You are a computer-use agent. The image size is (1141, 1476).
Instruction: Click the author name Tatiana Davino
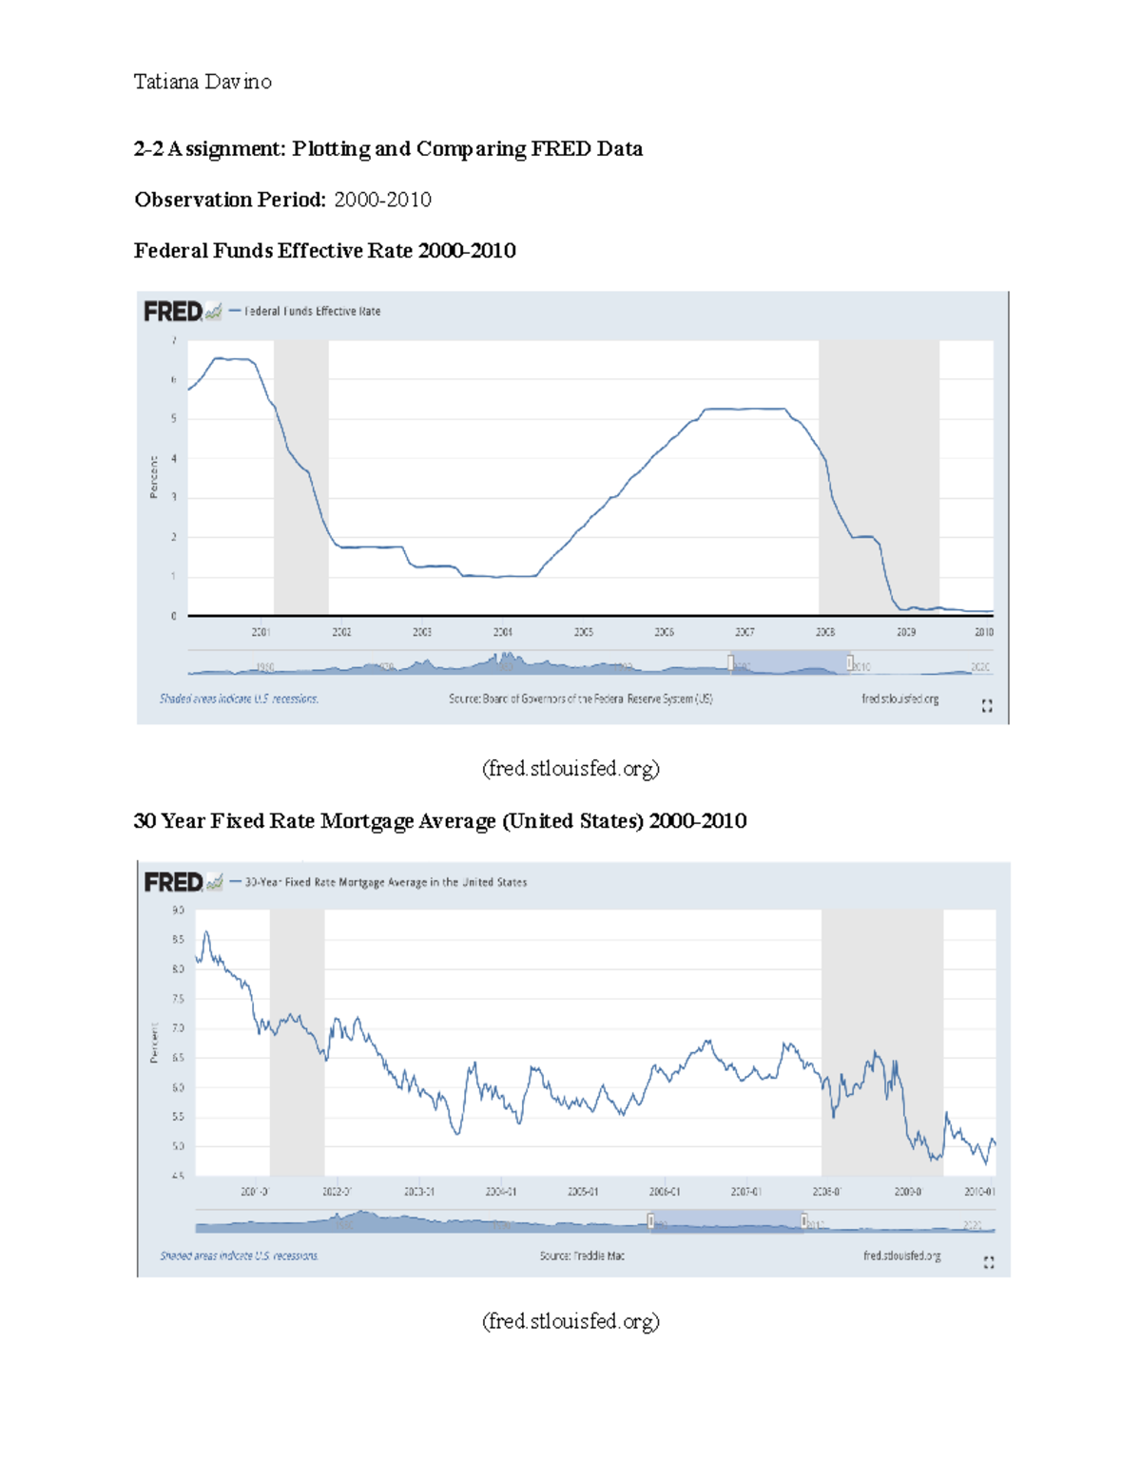point(203,83)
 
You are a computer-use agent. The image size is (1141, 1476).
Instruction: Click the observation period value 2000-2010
point(382,200)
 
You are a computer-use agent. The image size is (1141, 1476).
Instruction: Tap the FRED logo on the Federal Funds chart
point(173,312)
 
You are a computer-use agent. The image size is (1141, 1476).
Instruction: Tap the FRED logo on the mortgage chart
point(174,883)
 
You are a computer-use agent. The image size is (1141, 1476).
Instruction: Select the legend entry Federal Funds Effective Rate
point(312,312)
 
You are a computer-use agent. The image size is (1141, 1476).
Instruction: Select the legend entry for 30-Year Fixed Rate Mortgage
point(385,883)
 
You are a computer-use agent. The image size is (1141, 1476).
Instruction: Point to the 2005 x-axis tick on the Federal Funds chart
point(583,632)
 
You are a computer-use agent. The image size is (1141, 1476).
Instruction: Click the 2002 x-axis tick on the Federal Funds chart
point(341,632)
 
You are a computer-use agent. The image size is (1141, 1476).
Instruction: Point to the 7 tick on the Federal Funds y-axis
point(173,340)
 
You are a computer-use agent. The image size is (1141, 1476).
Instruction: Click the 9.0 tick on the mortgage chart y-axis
point(178,911)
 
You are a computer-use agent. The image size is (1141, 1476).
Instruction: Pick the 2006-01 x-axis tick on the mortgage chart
point(665,1192)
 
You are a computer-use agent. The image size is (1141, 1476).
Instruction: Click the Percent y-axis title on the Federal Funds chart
point(153,477)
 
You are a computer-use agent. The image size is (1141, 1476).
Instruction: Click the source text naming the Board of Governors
point(580,699)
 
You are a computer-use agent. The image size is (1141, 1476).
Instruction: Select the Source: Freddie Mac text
point(582,1256)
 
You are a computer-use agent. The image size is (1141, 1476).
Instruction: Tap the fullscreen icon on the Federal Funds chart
point(987,705)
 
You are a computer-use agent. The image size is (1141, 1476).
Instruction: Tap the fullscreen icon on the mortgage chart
point(989,1262)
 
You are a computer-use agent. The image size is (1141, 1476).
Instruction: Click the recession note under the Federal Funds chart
point(239,699)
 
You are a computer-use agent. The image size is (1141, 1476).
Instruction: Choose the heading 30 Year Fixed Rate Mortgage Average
point(439,821)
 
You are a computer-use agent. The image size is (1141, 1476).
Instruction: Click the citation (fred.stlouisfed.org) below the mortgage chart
point(570,1321)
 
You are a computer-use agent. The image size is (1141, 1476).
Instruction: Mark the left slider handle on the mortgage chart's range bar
point(651,1220)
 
